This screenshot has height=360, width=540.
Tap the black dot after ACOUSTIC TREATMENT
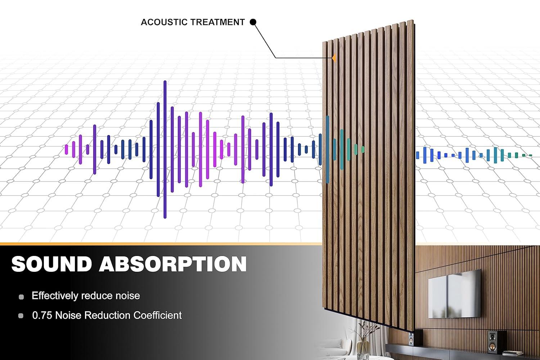[253, 22]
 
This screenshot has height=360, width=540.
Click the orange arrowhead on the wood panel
[334, 58]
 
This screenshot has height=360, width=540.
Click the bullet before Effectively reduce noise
[21, 297]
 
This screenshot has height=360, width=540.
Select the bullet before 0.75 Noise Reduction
[21, 316]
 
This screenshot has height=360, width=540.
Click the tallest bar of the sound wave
[165, 149]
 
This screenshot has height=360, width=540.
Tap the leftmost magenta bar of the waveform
[67, 149]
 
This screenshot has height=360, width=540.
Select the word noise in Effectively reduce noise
[127, 296]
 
